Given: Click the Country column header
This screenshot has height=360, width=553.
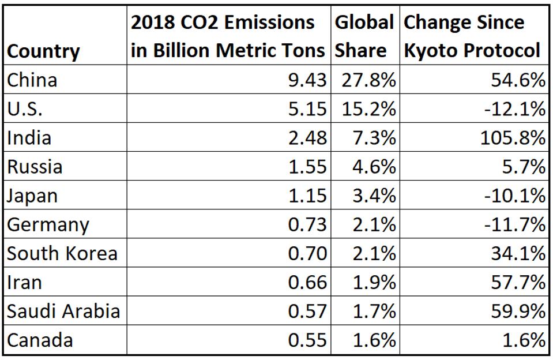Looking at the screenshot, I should point(43,51).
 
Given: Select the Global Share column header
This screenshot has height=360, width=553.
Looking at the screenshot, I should point(364,36).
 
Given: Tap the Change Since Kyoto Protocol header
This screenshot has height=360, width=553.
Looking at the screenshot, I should point(472,36).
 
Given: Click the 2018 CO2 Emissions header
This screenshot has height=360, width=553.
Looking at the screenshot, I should point(228,36).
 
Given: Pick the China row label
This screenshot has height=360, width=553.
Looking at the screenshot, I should point(32,80).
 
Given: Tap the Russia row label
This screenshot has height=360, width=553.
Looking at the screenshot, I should point(34,167).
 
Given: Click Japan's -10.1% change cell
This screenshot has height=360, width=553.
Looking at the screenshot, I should point(514,196).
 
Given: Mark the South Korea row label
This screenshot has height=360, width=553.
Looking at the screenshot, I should point(62,253).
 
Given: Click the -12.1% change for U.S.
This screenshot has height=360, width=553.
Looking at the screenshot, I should point(514,109).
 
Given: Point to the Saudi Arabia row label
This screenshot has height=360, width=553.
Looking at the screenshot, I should point(63,311).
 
